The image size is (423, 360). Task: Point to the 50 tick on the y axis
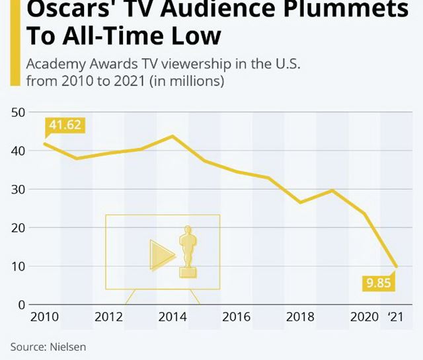(x=18, y=112)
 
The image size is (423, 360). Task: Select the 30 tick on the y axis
(x=18, y=190)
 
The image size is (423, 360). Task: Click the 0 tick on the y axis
(x=21, y=305)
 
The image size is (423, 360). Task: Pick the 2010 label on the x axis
(x=45, y=317)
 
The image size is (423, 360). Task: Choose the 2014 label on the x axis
(x=173, y=317)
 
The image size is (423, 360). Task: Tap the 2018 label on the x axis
(x=300, y=317)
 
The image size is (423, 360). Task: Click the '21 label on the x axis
(x=395, y=317)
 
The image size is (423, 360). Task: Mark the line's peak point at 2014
(x=173, y=136)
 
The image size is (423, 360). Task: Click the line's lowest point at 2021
(x=396, y=266)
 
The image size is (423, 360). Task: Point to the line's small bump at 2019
(x=332, y=190)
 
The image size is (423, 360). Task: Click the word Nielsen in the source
(x=67, y=346)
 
